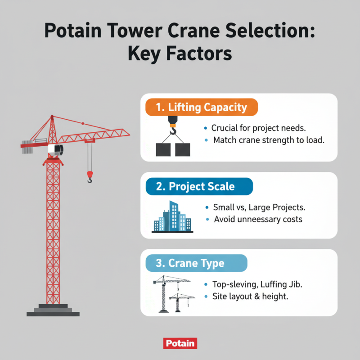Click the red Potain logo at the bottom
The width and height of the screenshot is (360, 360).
click(x=180, y=343)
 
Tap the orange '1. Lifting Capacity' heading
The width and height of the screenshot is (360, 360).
click(x=201, y=108)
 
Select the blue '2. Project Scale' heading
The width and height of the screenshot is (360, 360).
click(x=198, y=186)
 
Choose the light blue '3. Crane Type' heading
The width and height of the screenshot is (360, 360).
click(x=196, y=263)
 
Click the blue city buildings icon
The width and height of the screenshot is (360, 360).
click(x=170, y=217)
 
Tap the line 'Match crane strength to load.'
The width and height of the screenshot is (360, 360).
click(x=268, y=140)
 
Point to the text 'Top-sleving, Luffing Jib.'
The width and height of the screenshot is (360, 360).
click(x=260, y=284)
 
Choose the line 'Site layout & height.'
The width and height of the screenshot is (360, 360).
click(x=250, y=297)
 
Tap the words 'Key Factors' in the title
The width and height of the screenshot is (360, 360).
click(x=180, y=54)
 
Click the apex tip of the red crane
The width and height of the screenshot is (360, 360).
click(x=53, y=117)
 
